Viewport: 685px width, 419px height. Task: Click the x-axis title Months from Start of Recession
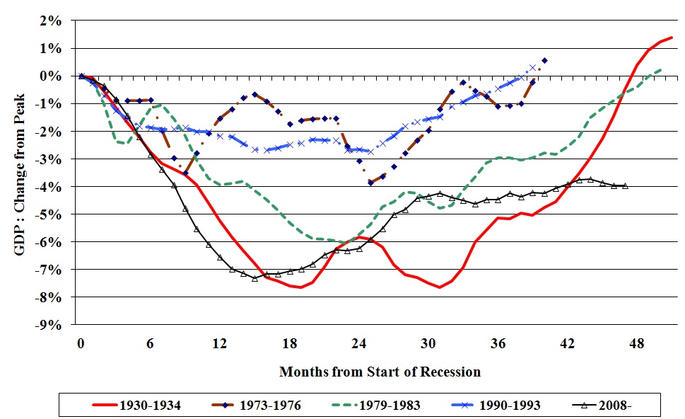[380, 372]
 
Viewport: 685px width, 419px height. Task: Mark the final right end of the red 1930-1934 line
[672, 37]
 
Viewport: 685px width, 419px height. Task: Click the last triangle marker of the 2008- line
[625, 186]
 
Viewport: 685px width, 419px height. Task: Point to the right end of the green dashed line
[660, 69]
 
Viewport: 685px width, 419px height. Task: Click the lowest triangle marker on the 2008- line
[254, 278]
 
